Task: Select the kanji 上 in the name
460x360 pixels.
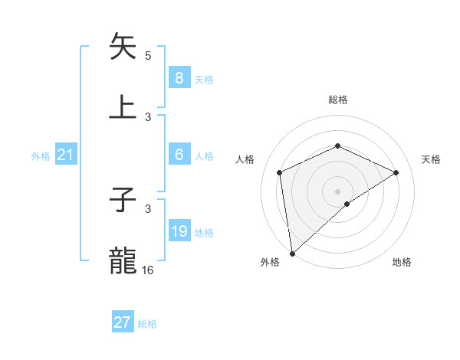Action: (123, 106)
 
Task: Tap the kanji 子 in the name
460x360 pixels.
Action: (123, 201)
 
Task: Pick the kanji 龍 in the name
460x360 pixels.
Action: (123, 261)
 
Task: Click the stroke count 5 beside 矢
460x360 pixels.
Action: (148, 56)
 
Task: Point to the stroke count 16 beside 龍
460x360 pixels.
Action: (148, 270)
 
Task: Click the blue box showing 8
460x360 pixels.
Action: (179, 77)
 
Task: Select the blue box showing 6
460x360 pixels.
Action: (179, 155)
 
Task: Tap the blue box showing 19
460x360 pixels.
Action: (179, 231)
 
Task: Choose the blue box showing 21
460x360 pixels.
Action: (65, 155)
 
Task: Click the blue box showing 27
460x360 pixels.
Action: (122, 322)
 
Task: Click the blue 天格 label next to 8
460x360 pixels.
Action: (204, 79)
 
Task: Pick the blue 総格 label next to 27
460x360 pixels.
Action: (147, 324)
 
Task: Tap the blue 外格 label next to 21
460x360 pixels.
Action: (41, 156)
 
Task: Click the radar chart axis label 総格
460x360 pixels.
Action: (338, 100)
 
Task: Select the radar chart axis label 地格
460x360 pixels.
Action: (402, 263)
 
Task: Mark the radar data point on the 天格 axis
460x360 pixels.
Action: (396, 172)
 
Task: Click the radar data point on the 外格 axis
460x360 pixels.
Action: (291, 254)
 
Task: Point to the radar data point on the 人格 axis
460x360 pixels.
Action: (280, 172)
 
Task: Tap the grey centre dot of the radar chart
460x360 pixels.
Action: (338, 191)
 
